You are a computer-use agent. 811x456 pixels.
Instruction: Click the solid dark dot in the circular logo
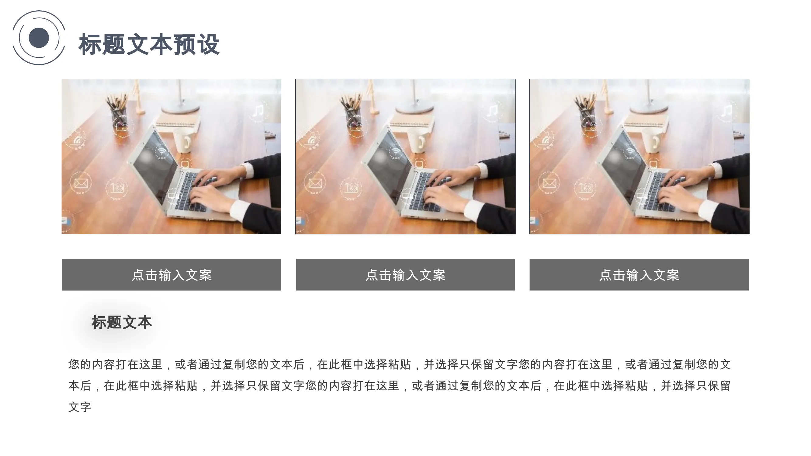click(39, 38)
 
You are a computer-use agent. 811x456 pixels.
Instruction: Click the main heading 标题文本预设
click(149, 45)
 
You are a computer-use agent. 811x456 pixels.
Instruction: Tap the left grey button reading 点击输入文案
click(172, 275)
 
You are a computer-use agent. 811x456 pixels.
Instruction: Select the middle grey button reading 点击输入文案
click(406, 275)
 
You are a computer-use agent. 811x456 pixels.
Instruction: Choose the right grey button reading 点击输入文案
click(639, 275)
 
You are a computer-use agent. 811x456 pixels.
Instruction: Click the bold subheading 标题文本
click(122, 323)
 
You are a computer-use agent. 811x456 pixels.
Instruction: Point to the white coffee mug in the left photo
click(184, 140)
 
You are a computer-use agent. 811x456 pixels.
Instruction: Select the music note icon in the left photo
click(258, 111)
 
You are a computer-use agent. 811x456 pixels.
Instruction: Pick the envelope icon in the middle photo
click(315, 183)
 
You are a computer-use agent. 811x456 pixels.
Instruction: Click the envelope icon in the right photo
click(549, 183)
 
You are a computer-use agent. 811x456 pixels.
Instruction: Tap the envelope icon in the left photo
click(81, 183)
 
